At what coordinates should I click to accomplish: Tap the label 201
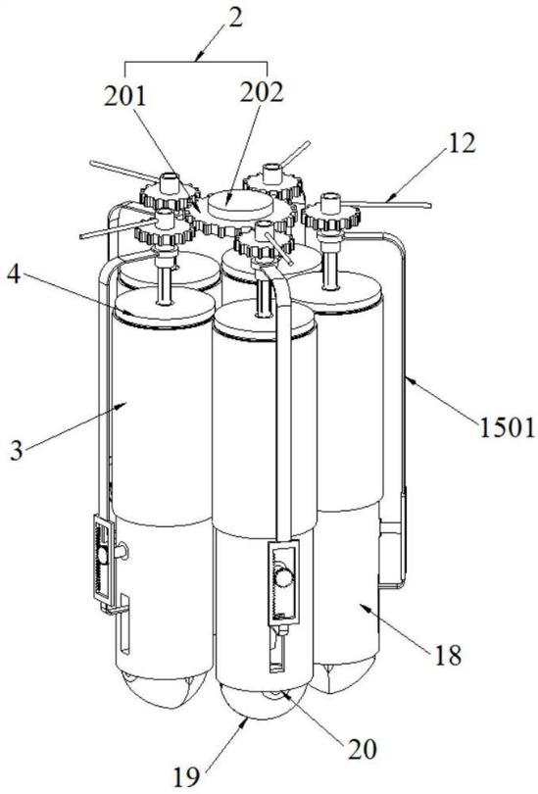[125, 97]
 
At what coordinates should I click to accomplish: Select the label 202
[262, 92]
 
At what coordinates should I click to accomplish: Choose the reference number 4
[15, 276]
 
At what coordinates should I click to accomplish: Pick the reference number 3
[17, 450]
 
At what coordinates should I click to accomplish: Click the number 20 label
[362, 749]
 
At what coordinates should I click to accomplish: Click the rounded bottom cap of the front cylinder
[262, 700]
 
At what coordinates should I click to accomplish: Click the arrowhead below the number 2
[201, 54]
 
